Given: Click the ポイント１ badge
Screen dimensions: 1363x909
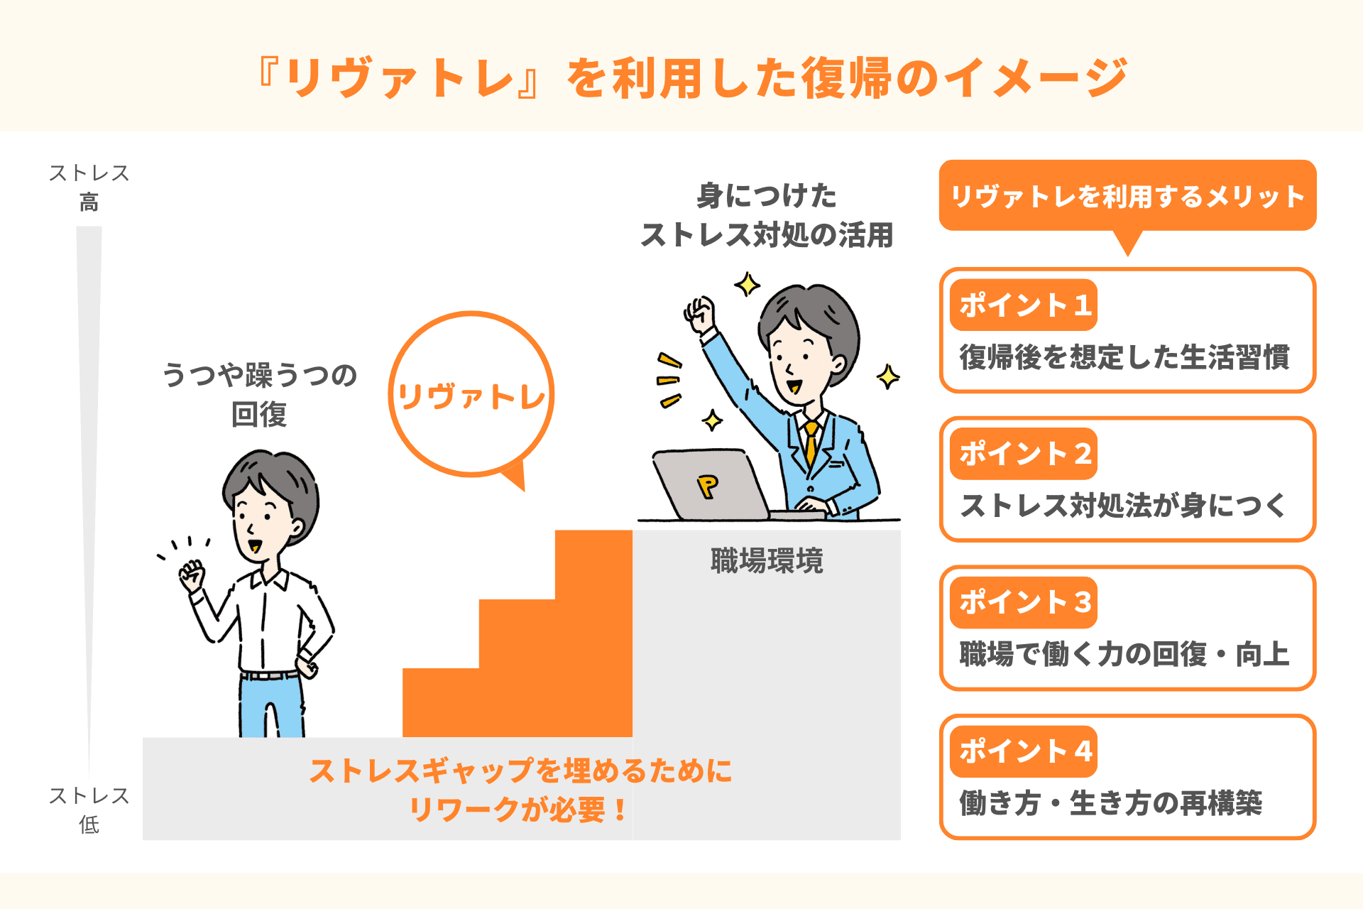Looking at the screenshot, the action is pyautogui.click(x=1024, y=305).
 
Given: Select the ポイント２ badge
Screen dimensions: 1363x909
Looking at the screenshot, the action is pyautogui.click(x=1024, y=454).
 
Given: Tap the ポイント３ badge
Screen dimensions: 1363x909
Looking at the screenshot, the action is pyautogui.click(x=1024, y=602).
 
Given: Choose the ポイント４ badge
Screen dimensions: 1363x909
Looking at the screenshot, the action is pyautogui.click(x=1024, y=751).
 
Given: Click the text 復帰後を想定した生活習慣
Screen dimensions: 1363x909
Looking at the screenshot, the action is pyautogui.click(x=1124, y=357).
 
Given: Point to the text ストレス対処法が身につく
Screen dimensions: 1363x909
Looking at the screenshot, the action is pyautogui.click(x=1123, y=506).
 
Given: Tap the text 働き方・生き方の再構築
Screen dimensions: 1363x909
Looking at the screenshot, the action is pyautogui.click(x=1111, y=803).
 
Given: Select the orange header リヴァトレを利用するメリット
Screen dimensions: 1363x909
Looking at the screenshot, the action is pyautogui.click(x=1127, y=196).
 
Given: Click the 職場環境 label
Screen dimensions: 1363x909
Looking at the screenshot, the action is pyautogui.click(x=767, y=561).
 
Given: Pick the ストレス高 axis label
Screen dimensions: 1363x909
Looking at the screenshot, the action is pyautogui.click(x=89, y=187).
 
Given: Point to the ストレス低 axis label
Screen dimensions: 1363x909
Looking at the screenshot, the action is pyautogui.click(x=89, y=810).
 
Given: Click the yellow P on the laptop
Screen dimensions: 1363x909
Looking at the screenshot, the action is pyautogui.click(x=708, y=486).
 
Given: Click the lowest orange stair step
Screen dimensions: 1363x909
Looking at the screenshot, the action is pyautogui.click(x=517, y=702).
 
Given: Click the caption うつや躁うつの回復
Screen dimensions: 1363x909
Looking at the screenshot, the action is pyautogui.click(x=260, y=394).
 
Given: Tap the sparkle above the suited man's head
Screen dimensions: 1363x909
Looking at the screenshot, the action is pyautogui.click(x=747, y=285).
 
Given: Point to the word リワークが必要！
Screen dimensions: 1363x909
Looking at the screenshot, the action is pyautogui.click(x=519, y=810).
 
